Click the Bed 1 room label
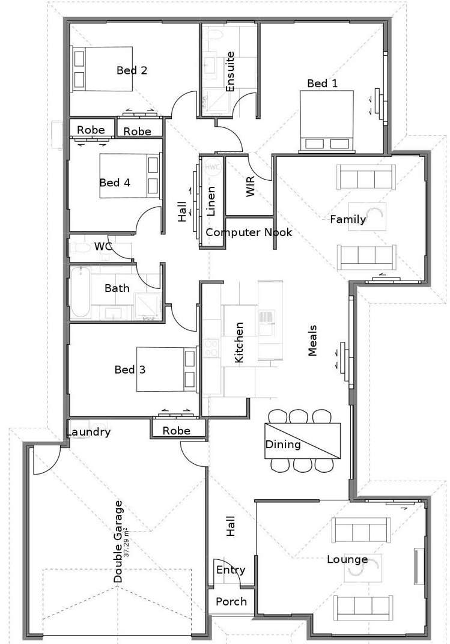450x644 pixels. pyautogui.click(x=322, y=84)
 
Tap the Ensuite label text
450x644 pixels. pyautogui.click(x=230, y=71)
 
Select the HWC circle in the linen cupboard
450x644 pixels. pyautogui.click(x=212, y=167)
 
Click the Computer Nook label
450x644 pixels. pyautogui.click(x=249, y=232)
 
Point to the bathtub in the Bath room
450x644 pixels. pyautogui.click(x=81, y=292)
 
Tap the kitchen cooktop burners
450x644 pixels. pyautogui.click(x=211, y=347)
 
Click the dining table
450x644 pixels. pyautogui.click(x=303, y=441)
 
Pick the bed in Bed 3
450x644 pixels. pyautogui.click(x=166, y=369)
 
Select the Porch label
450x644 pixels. pyautogui.click(x=231, y=602)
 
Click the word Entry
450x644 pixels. pyautogui.click(x=231, y=570)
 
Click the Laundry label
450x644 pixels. pyautogui.click(x=88, y=432)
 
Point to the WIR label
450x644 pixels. pyautogui.click(x=251, y=186)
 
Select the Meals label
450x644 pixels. pyautogui.click(x=312, y=341)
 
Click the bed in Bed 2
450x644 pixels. pyautogui.click(x=102, y=68)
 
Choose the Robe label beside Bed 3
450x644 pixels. pyautogui.click(x=176, y=430)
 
